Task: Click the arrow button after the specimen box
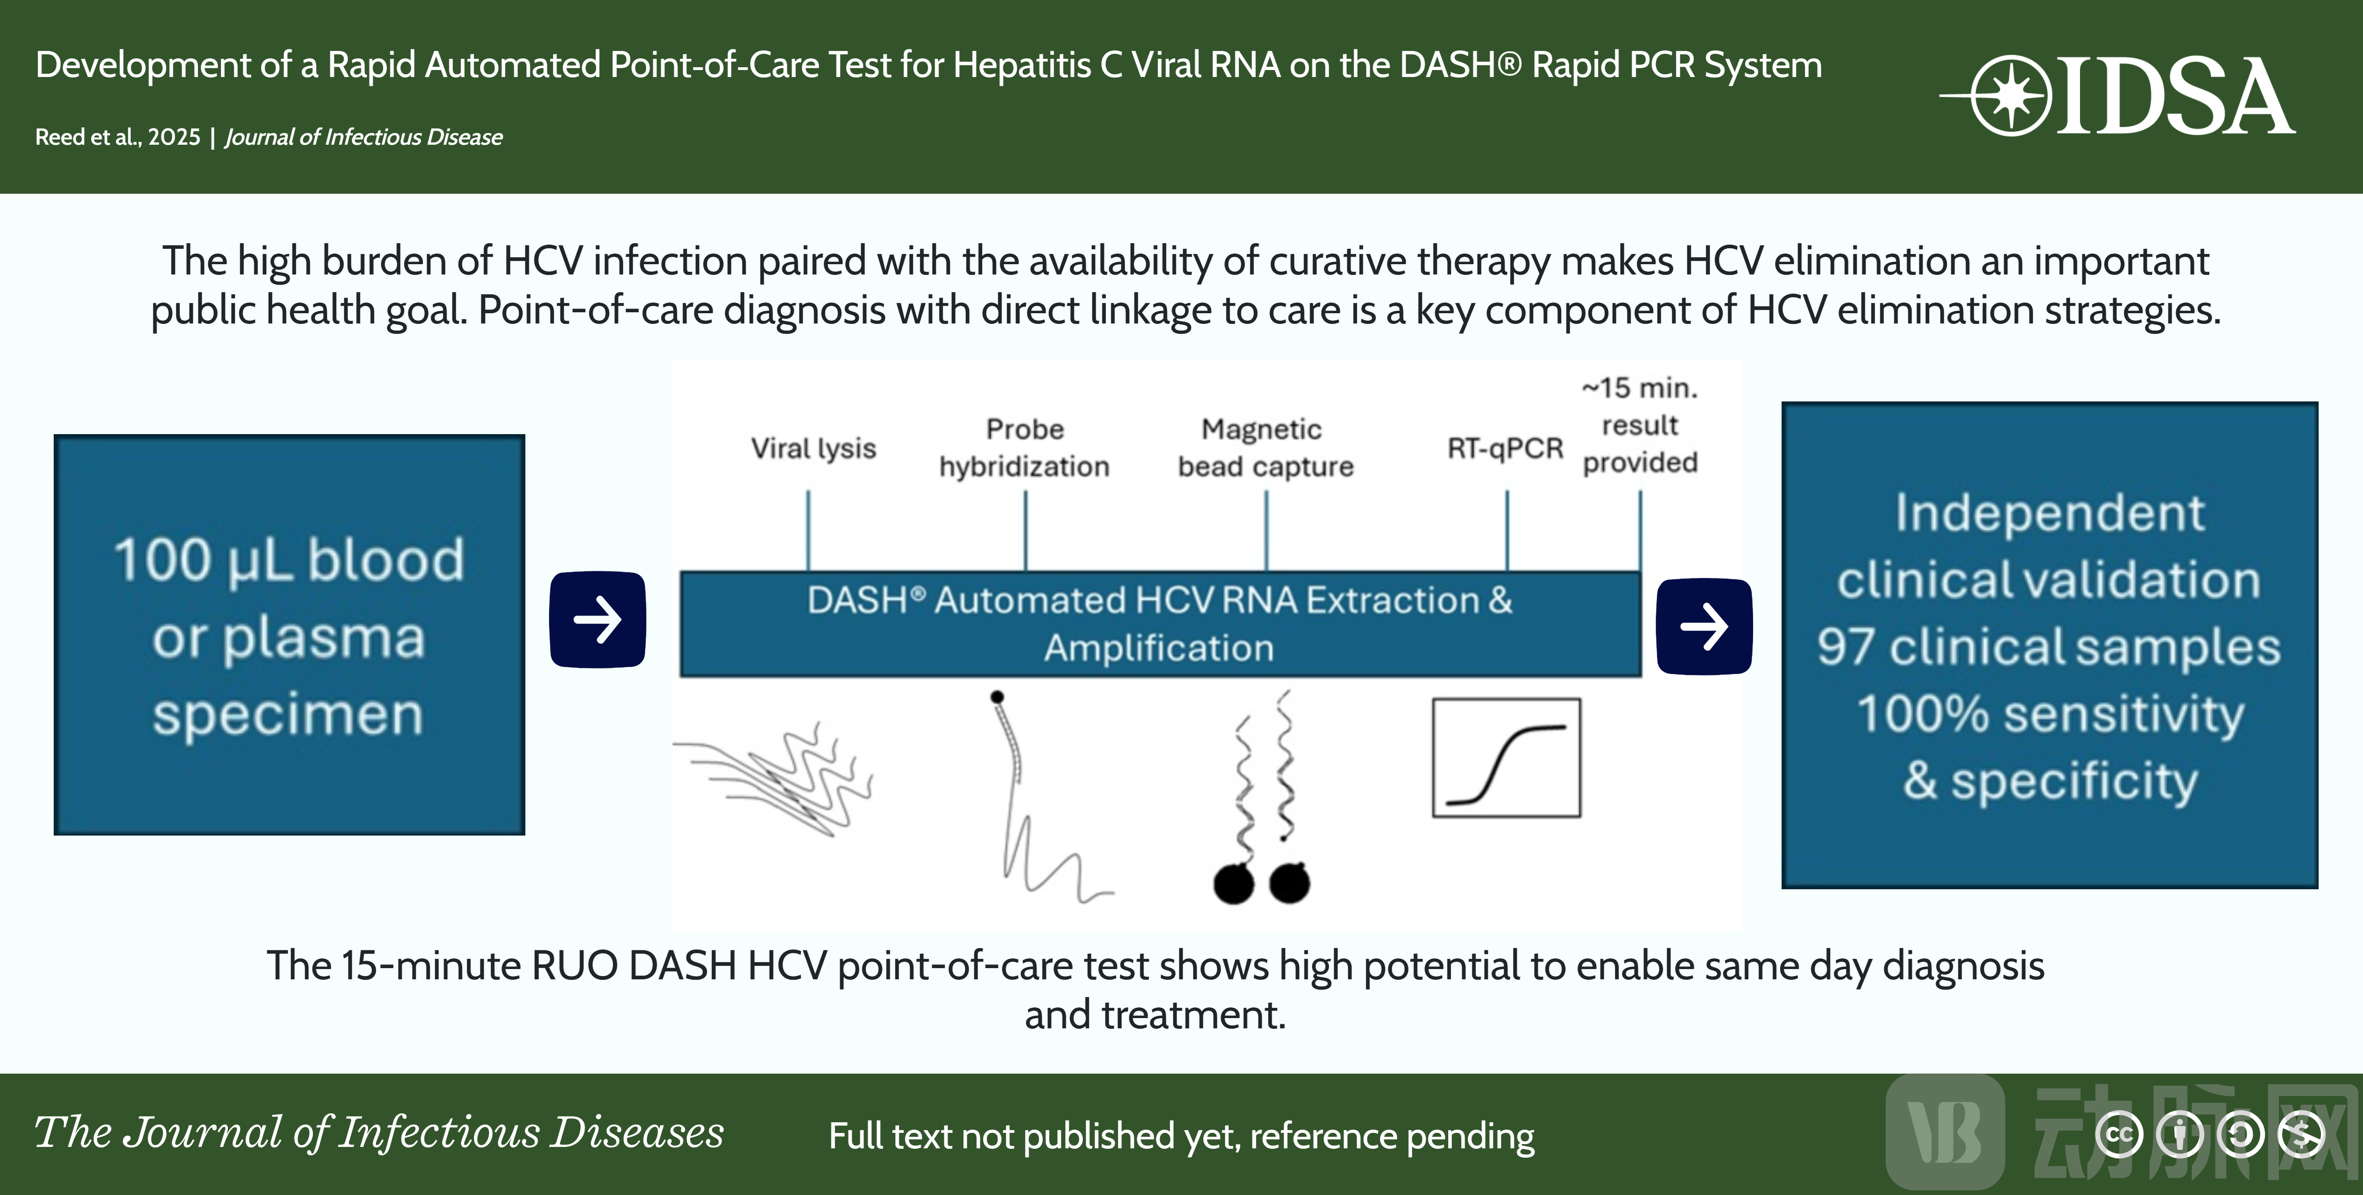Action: (597, 620)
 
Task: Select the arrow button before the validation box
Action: (1704, 626)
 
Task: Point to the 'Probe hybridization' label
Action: (1025, 448)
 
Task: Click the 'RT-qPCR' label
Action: (1505, 449)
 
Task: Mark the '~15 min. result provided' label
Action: (1640, 425)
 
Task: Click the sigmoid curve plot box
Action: (1506, 758)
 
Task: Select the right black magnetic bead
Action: (1290, 882)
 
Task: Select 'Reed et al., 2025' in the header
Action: (117, 137)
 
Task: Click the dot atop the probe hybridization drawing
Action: (997, 697)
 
